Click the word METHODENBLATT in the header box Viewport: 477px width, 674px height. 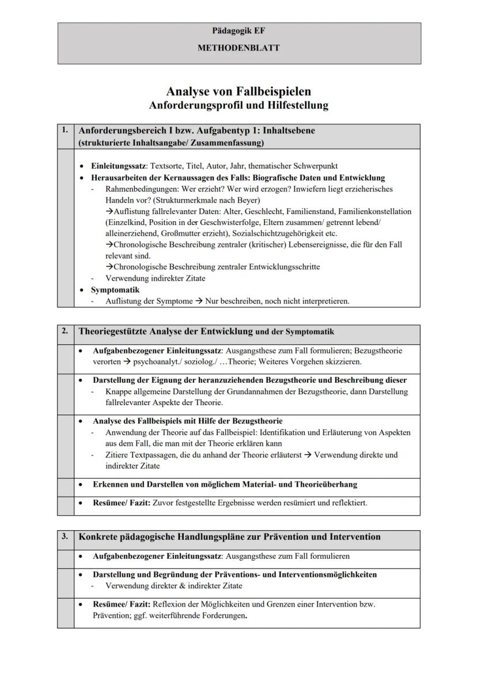tap(238, 48)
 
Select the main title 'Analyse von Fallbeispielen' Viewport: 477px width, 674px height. tap(238, 92)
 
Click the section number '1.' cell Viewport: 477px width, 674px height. tap(65, 131)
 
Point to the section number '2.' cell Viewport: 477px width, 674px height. tap(65, 332)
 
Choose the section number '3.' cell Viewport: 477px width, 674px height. tap(65, 536)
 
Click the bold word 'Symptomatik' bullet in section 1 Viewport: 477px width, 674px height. tap(115, 290)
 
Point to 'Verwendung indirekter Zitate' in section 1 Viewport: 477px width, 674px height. tap(155, 278)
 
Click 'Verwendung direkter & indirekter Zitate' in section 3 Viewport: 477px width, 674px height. tap(173, 586)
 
